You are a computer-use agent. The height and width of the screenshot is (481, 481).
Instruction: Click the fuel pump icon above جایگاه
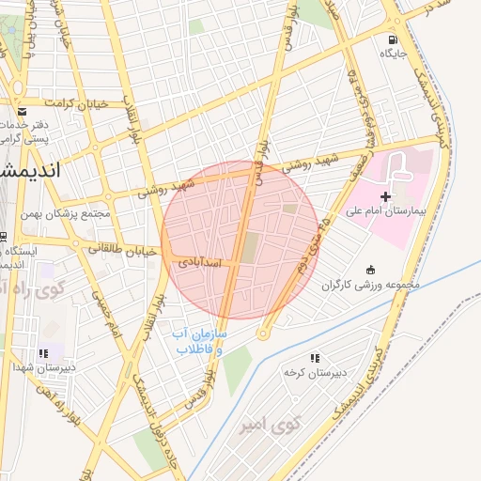392,39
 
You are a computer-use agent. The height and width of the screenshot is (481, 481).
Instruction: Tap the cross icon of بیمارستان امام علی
385,196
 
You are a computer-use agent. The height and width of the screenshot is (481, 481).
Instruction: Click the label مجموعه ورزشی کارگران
371,285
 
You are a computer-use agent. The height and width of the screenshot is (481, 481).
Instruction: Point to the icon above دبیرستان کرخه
315,358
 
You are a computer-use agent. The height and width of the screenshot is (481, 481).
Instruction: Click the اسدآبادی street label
199,264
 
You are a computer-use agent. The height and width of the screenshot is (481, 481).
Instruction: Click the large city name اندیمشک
28,170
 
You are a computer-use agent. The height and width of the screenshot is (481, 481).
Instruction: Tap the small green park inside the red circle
290,209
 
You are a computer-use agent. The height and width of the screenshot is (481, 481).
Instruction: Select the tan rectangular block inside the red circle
249,248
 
